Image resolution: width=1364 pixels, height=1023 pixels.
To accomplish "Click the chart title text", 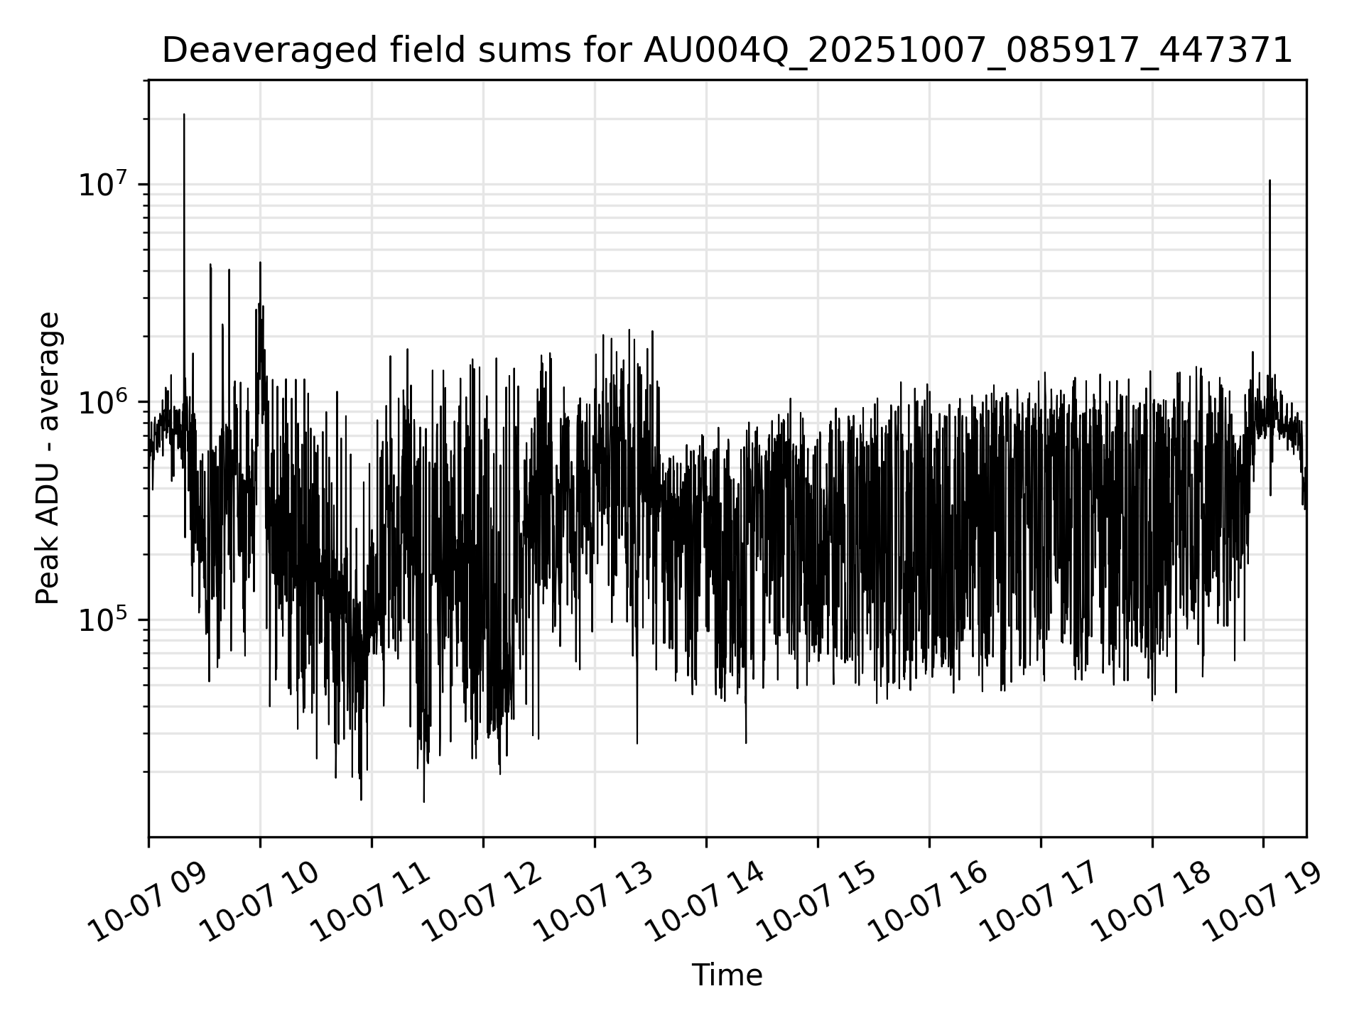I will click(727, 51).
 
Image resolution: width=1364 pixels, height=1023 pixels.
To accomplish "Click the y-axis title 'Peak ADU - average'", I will click(48, 458).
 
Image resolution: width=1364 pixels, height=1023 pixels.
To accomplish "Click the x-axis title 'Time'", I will click(727, 975).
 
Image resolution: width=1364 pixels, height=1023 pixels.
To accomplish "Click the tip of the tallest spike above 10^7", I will click(184, 114).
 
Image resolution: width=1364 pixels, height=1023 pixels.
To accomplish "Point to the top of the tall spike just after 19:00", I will click(1270, 181).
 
